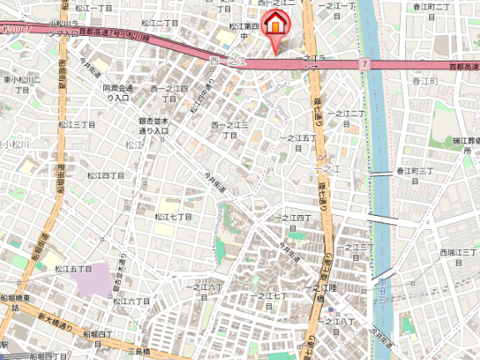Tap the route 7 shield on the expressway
click(x=365, y=64)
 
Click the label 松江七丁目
click(x=173, y=217)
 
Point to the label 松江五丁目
click(x=73, y=269)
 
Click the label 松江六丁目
click(x=132, y=301)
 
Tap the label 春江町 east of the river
click(x=424, y=82)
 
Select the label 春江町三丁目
click(x=414, y=171)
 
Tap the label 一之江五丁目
click(x=297, y=138)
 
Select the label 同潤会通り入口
click(x=117, y=92)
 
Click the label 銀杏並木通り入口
click(x=154, y=126)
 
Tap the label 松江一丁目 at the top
click(x=93, y=7)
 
